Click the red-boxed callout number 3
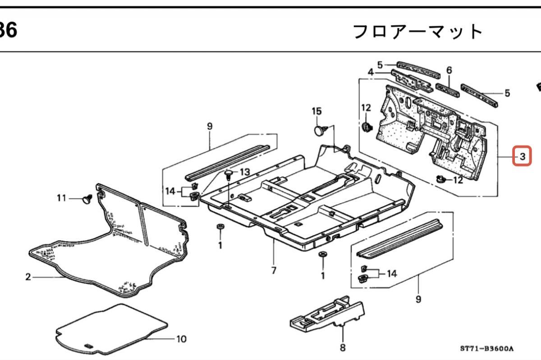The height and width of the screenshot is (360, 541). (x=523, y=157)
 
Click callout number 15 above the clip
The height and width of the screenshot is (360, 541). (x=317, y=111)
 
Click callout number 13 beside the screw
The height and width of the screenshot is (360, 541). (x=244, y=172)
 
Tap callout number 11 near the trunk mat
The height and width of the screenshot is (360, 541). (x=61, y=197)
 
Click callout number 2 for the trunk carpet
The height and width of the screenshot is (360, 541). (x=28, y=277)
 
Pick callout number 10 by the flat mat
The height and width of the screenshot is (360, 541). (x=181, y=339)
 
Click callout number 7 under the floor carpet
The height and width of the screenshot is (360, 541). (x=274, y=270)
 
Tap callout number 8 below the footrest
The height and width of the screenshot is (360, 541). (x=343, y=347)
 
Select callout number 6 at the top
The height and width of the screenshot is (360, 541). (x=449, y=70)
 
